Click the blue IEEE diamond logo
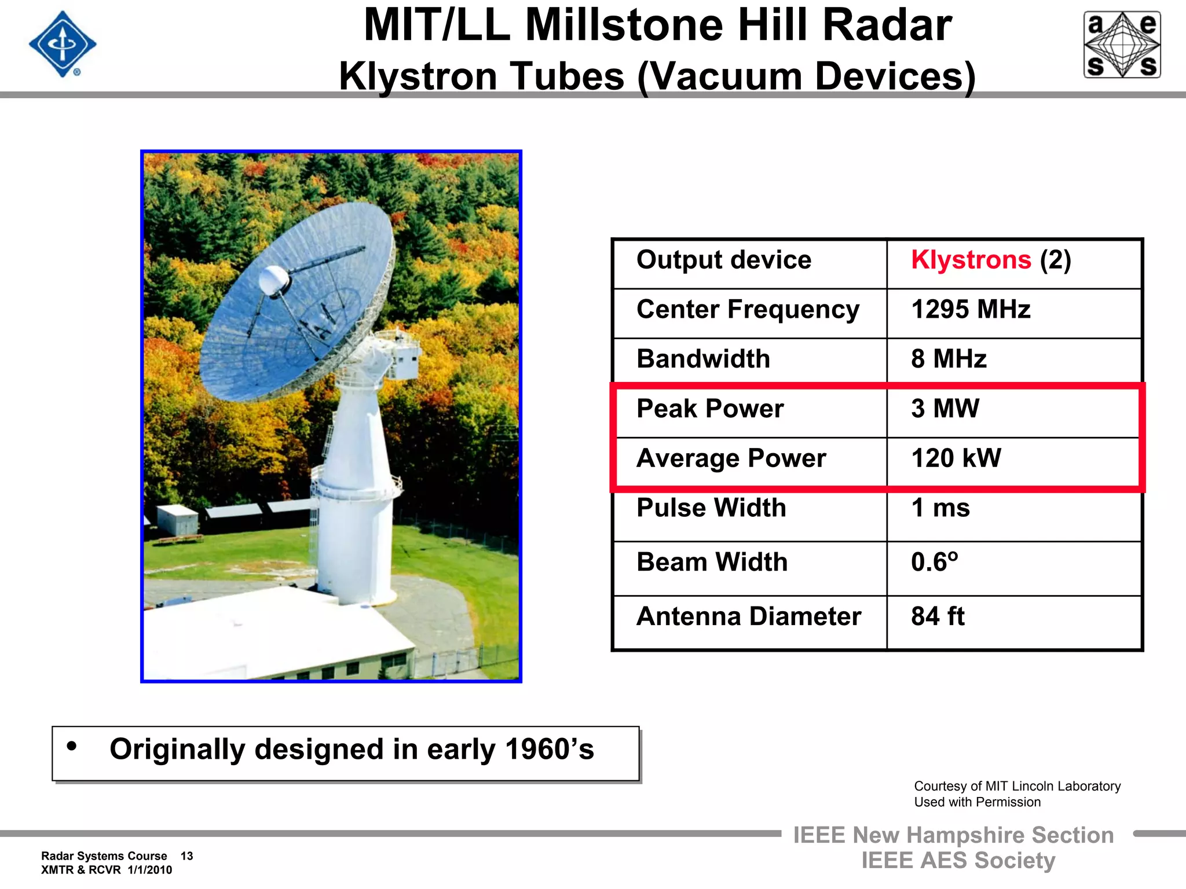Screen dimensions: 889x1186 63,44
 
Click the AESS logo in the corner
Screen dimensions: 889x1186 1122,45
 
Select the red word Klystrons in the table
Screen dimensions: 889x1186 971,260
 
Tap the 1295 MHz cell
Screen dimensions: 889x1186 971,309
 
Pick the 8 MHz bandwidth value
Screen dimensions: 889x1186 949,359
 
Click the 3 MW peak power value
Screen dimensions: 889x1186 945,409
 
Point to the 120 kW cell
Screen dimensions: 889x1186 956,458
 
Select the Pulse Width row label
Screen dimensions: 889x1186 711,508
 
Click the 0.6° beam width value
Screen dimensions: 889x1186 934,562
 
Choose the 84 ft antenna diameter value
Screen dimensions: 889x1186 938,616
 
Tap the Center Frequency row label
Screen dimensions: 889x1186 748,310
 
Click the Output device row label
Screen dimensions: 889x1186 724,260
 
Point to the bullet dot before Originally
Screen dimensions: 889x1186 72,746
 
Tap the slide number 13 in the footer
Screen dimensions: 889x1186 186,856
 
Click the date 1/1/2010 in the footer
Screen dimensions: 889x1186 150,870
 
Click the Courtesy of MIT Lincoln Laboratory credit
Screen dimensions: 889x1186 1017,786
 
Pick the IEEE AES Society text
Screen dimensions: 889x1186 958,861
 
